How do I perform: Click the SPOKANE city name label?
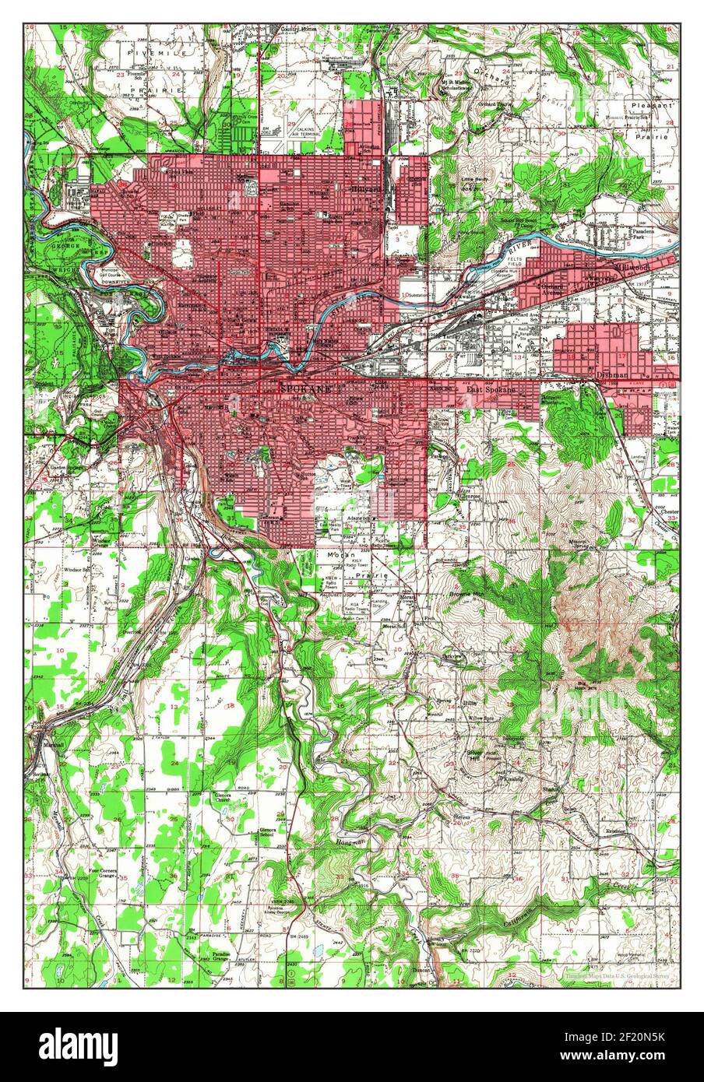[305, 387]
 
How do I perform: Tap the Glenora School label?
[270, 833]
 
